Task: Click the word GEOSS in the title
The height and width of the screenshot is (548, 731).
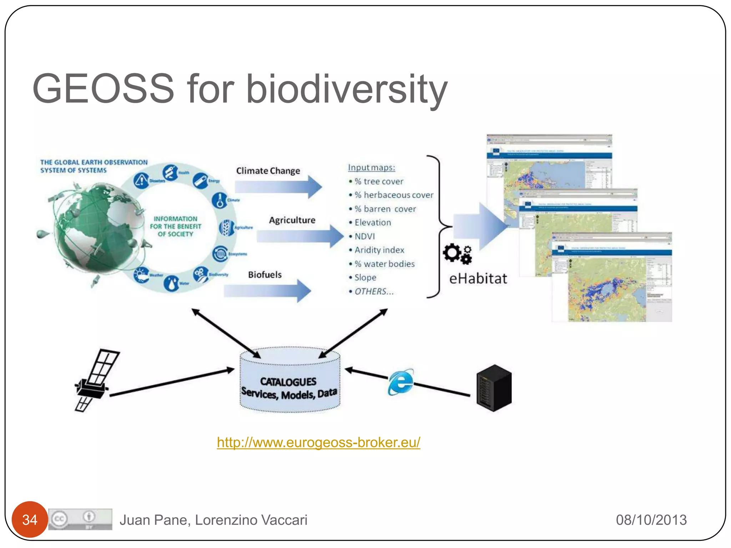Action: pyautogui.click(x=104, y=88)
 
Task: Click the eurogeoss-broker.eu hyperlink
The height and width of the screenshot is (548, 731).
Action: pyautogui.click(x=318, y=442)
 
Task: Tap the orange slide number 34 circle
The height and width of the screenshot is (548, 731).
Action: pyautogui.click(x=30, y=520)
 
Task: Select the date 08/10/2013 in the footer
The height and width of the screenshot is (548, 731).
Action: pyautogui.click(x=651, y=520)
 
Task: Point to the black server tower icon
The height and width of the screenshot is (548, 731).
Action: pyautogui.click(x=494, y=388)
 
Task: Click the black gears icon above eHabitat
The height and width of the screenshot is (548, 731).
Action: pyautogui.click(x=457, y=254)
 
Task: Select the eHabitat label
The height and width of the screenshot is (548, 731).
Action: pyautogui.click(x=478, y=279)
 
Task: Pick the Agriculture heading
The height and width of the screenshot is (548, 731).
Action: pyautogui.click(x=292, y=220)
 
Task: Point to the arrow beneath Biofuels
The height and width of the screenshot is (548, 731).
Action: pyautogui.click(x=268, y=291)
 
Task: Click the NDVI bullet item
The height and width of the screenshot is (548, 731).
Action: pyautogui.click(x=364, y=236)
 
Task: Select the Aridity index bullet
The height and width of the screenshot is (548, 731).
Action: pyautogui.click(x=379, y=250)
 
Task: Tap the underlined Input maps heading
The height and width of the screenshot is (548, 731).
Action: pyautogui.click(x=371, y=167)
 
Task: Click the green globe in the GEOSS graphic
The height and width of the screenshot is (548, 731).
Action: pyautogui.click(x=95, y=228)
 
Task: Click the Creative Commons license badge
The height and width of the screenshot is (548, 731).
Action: pyautogui.click(x=80, y=519)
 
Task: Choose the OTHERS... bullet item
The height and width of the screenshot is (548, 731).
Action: pyautogui.click(x=374, y=291)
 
